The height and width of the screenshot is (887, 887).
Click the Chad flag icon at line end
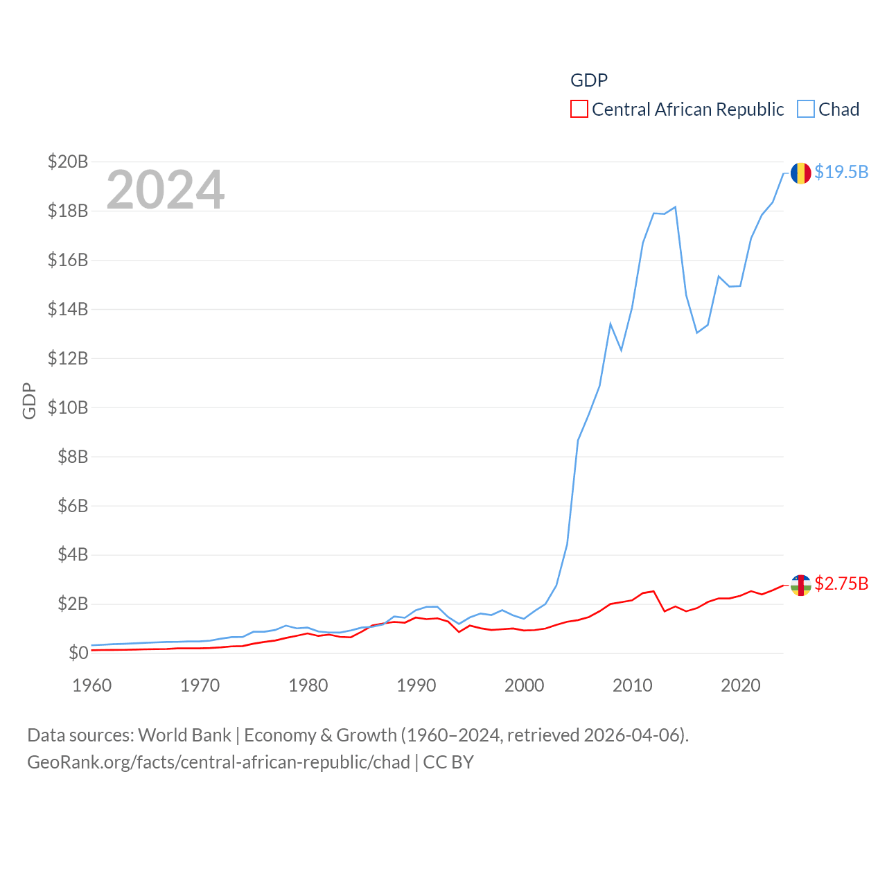pos(800,173)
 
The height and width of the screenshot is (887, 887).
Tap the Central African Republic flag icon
pos(800,585)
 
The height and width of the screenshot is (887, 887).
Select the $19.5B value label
pos(841,172)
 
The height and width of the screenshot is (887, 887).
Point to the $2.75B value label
pos(841,583)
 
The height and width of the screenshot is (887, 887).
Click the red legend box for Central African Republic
pos(579,109)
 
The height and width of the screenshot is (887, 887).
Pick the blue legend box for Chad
pos(805,109)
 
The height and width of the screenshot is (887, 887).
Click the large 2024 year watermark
pos(166,189)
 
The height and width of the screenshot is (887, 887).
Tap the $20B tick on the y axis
pos(68,161)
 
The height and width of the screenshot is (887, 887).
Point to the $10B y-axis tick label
pos(68,407)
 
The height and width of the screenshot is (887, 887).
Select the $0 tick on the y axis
pos(78,653)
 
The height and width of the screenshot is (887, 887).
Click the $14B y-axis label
pos(68,309)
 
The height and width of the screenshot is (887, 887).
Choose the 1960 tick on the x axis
pos(92,685)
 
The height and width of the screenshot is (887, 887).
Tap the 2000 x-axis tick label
pos(525,685)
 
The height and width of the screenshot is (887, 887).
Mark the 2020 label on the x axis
pos(741,685)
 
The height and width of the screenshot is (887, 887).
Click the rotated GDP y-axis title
pos(29,401)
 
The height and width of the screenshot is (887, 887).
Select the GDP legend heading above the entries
pos(589,80)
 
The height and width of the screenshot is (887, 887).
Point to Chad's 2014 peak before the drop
pos(675,207)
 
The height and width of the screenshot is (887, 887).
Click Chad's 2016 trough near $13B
pos(697,333)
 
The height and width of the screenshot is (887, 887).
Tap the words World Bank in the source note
pos(185,735)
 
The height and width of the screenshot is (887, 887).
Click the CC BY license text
pos(448,762)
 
